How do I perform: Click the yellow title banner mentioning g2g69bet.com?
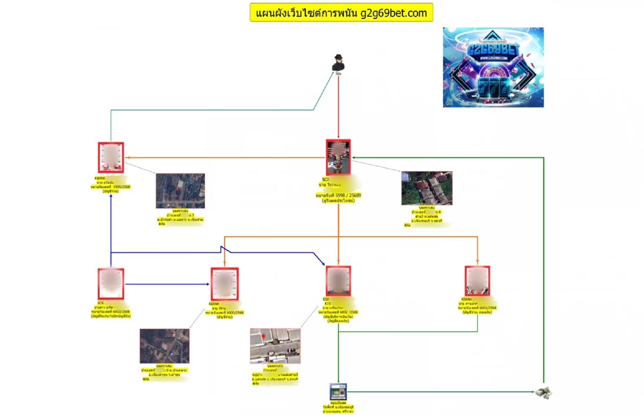tap(341, 12)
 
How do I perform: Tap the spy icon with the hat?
tap(338, 63)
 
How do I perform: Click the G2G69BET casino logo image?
tap(493, 67)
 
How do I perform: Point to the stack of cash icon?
tap(544, 393)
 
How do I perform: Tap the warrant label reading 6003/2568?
tap(111, 311)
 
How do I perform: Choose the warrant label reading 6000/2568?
tap(224, 312)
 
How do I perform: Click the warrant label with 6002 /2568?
tap(338, 311)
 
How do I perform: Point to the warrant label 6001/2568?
tap(477, 307)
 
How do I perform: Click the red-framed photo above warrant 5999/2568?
tap(111, 158)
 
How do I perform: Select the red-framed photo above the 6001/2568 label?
tap(477, 281)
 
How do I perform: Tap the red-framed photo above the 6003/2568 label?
tap(111, 284)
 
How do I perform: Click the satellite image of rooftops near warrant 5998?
tap(427, 188)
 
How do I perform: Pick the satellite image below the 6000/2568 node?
tap(165, 346)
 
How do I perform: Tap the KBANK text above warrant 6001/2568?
tap(466, 299)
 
